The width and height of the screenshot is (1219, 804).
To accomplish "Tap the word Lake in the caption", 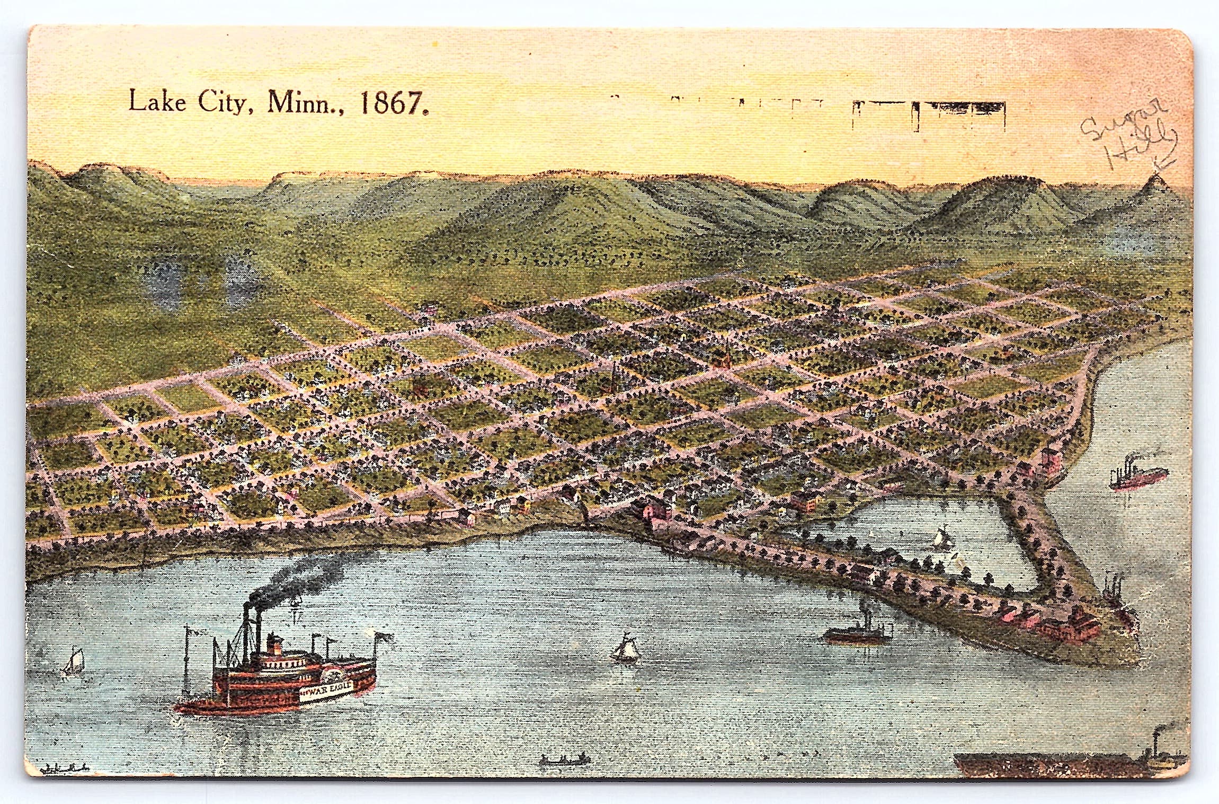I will (157, 101).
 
